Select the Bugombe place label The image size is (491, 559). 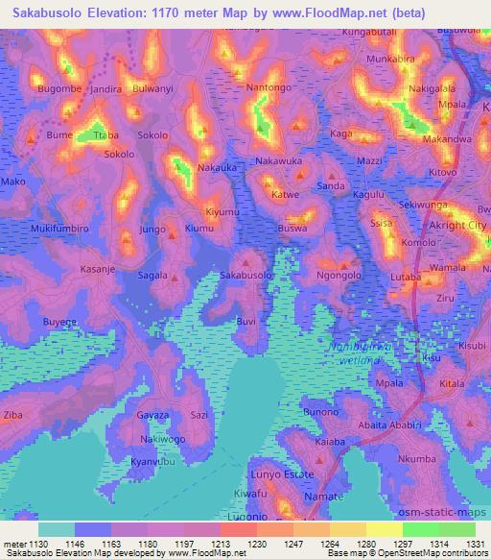(x=60, y=88)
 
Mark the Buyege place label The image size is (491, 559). (x=59, y=322)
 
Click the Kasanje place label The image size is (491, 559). (x=98, y=269)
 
